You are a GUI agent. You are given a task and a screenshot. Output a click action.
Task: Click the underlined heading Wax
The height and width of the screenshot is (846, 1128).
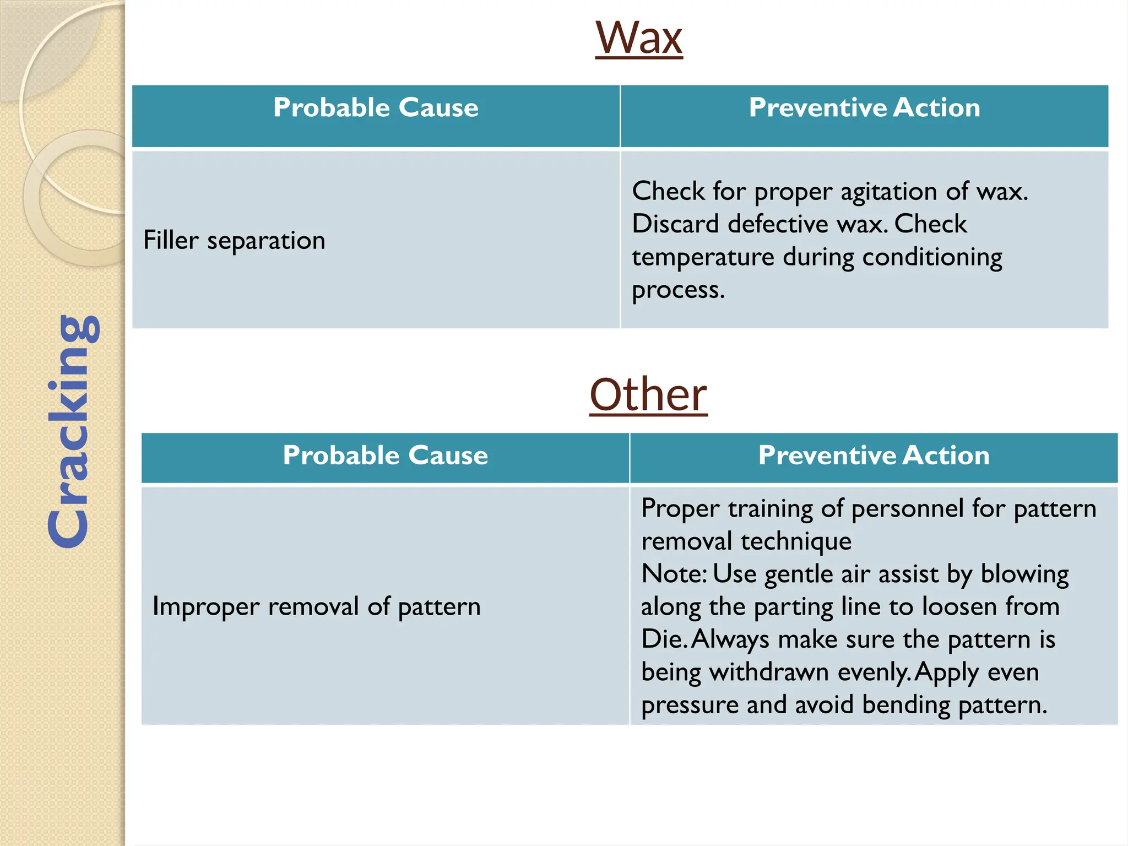pos(639,38)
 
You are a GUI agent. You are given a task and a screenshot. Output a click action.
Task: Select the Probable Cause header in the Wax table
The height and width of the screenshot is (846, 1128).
pos(376,107)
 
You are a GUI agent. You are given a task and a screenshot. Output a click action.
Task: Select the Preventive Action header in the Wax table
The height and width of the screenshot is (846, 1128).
pos(864,107)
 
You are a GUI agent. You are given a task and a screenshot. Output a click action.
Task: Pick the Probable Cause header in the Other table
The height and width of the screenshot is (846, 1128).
pos(385,455)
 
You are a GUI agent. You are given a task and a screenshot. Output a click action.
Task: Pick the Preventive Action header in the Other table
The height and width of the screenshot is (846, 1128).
pos(874,455)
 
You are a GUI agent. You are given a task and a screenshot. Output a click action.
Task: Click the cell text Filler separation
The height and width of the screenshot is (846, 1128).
pos(234,241)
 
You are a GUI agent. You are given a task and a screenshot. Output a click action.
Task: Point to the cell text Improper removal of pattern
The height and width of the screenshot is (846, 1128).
pos(316,607)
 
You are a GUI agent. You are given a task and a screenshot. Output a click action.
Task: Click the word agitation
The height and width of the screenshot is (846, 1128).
pos(888,192)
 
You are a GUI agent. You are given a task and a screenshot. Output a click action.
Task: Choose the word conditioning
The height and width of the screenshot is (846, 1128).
pos(932,258)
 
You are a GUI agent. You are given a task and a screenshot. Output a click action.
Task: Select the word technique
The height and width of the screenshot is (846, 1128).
pos(796,541)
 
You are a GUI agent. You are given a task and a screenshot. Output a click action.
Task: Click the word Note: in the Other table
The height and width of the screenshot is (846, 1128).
pos(674,574)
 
